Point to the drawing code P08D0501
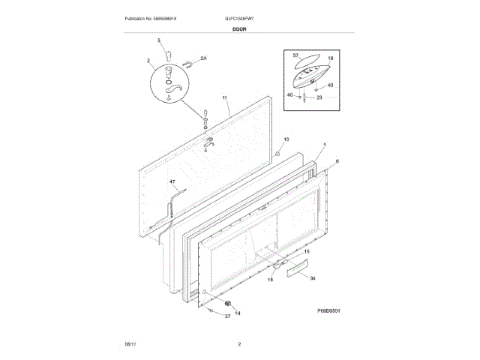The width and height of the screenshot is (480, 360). pyautogui.click(x=328, y=310)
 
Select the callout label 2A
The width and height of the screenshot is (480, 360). pyautogui.click(x=201, y=57)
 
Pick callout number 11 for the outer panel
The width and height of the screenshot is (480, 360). pyautogui.click(x=224, y=98)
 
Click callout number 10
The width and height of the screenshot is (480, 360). pyautogui.click(x=285, y=139)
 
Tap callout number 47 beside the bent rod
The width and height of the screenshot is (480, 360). pyautogui.click(x=172, y=182)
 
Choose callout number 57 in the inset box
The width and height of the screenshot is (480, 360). pyautogui.click(x=295, y=57)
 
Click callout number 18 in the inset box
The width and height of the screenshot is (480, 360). pyautogui.click(x=330, y=58)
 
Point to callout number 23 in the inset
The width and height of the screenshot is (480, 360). pyautogui.click(x=319, y=97)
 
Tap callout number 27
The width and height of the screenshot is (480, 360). pyautogui.click(x=228, y=317)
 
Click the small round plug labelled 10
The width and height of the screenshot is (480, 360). pyautogui.click(x=276, y=153)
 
